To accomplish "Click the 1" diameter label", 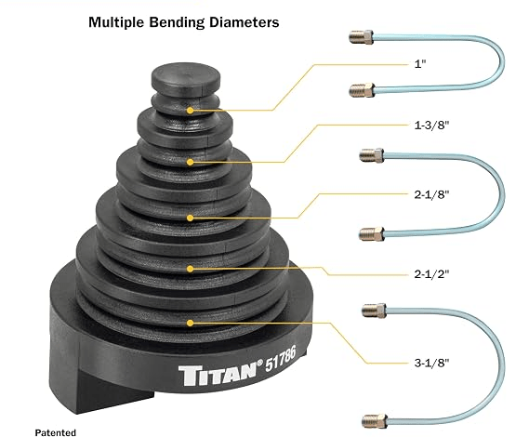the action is pyautogui.click(x=420, y=64).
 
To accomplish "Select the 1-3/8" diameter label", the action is pyautogui.click(x=431, y=126).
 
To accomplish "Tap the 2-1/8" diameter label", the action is pyautogui.click(x=431, y=194).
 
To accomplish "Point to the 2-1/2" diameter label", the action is pyautogui.click(x=431, y=274).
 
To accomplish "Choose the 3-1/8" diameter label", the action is pyautogui.click(x=431, y=364).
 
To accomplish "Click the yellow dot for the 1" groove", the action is pyautogui.click(x=191, y=111).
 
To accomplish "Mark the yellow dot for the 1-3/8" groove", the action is pyautogui.click(x=191, y=163).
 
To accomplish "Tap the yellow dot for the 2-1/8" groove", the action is pyautogui.click(x=191, y=218).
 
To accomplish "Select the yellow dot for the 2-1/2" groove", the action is pyautogui.click(x=191, y=269).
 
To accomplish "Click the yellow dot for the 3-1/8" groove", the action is pyautogui.click(x=191, y=324).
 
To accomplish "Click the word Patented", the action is pyautogui.click(x=56, y=432).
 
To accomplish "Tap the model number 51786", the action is pyautogui.click(x=281, y=358).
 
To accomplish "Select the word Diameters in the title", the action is pyautogui.click(x=245, y=22).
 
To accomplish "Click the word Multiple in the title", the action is pyautogui.click(x=117, y=22).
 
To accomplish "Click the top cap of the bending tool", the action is pyautogui.click(x=186, y=77).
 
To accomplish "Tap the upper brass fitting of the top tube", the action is pyautogui.click(x=361, y=37).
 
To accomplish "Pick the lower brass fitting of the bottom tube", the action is pyautogui.click(x=375, y=421).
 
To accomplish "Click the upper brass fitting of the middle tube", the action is pyautogui.click(x=372, y=155).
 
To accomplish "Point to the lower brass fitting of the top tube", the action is pyautogui.click(x=362, y=90).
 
